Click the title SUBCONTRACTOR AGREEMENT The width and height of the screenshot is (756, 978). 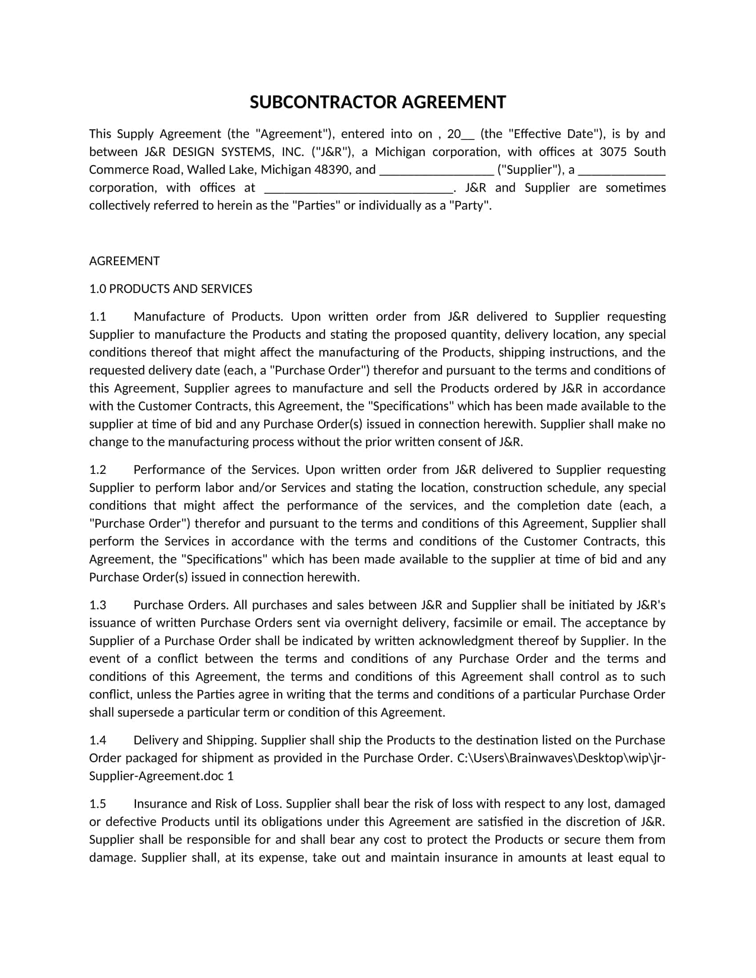pos(378,102)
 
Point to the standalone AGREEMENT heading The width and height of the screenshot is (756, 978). pos(125,261)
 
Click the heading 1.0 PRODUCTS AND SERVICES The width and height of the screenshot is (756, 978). pos(171,289)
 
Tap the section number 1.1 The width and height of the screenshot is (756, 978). pos(98,317)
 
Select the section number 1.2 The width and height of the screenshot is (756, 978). pos(98,470)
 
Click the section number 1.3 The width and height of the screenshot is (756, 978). pos(98,605)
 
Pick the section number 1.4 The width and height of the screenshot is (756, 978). pos(98,740)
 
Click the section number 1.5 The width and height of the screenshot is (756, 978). pos(98,804)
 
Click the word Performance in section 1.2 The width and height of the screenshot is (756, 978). pos(168,470)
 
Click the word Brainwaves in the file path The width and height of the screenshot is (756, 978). pos(541,758)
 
